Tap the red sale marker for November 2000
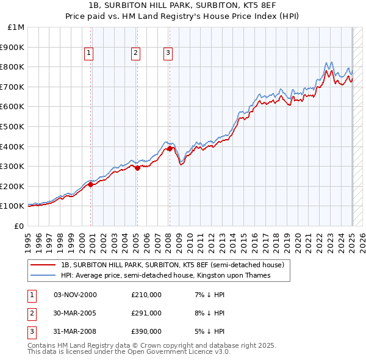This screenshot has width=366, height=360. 91,184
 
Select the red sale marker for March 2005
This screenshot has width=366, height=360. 137,168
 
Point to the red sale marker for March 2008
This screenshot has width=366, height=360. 170,148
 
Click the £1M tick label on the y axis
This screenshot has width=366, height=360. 16,27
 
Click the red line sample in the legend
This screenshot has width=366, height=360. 43,265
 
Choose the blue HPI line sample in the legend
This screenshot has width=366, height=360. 43,275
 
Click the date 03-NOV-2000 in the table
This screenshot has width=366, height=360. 75,295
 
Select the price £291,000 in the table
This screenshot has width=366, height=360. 146,313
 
